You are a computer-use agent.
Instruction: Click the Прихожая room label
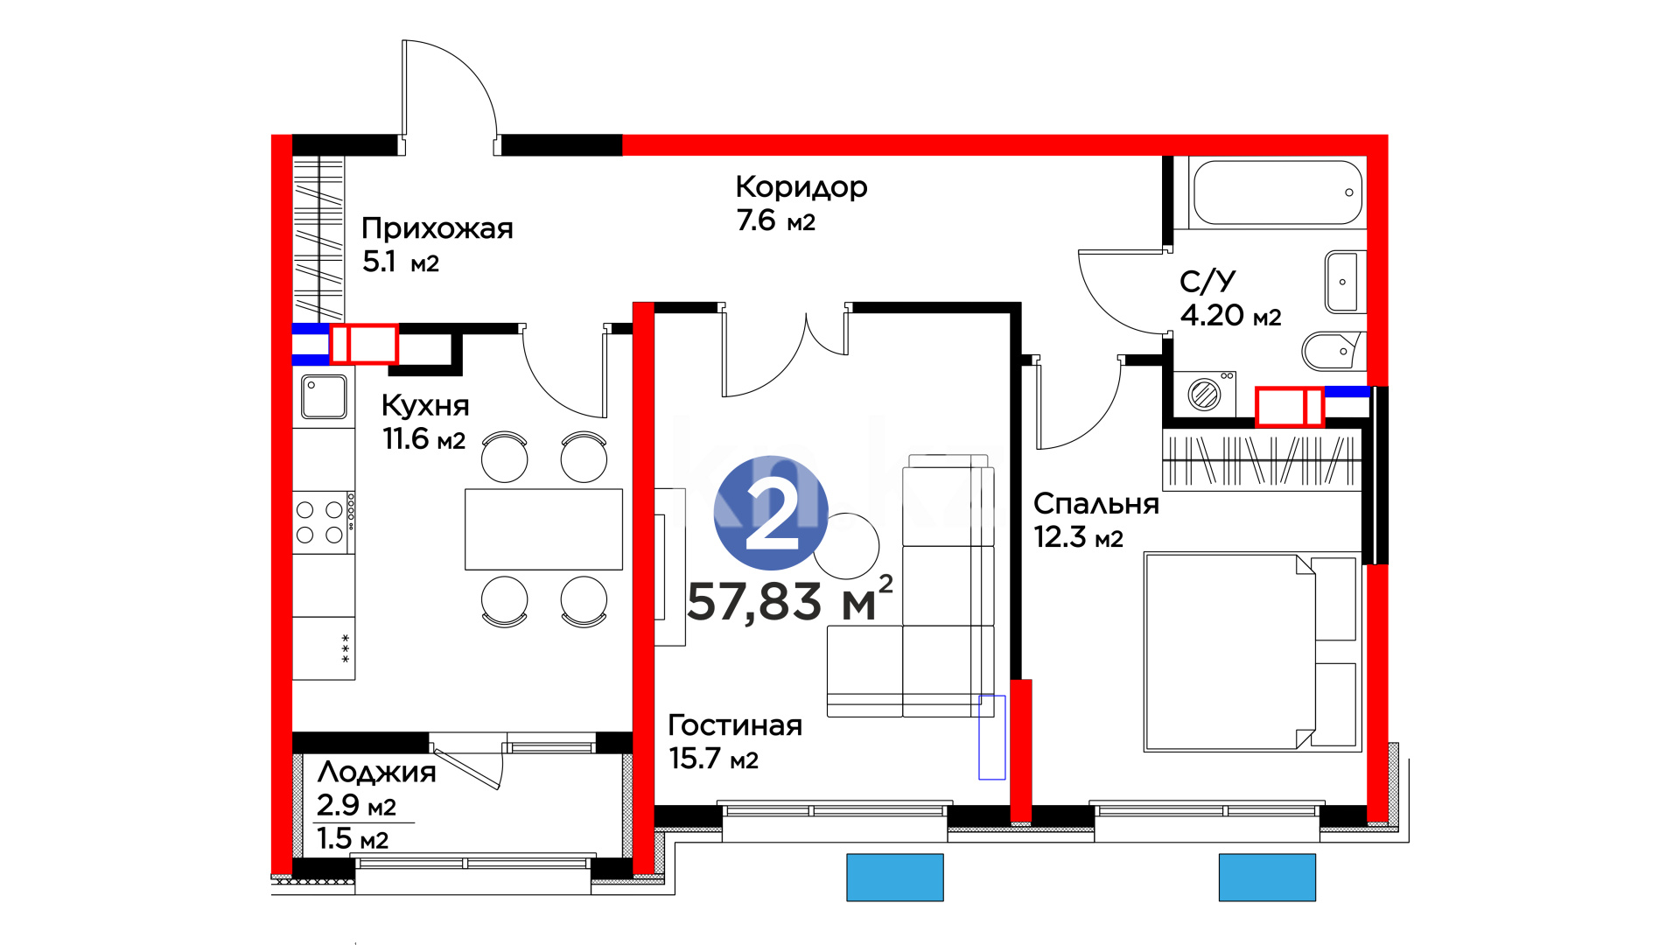point(437,228)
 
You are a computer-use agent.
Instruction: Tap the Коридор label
point(801,187)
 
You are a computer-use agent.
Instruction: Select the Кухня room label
point(425,405)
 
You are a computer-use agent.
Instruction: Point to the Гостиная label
point(735,724)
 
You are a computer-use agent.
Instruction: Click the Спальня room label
point(1096,504)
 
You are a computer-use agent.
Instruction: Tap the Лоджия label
point(376,772)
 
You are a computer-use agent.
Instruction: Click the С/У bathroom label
point(1207,281)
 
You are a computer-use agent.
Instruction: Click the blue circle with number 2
point(771,513)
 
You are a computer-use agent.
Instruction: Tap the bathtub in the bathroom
point(1277,192)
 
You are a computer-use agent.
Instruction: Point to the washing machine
point(1205,394)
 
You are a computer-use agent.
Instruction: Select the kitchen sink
point(324,396)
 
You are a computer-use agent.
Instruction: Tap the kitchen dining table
point(543,529)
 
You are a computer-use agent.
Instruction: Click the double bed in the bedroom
point(1252,652)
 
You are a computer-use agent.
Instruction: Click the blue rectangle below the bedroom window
point(1267,877)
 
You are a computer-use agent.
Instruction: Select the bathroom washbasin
point(1344,282)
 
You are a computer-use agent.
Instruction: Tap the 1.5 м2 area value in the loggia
point(353,839)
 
